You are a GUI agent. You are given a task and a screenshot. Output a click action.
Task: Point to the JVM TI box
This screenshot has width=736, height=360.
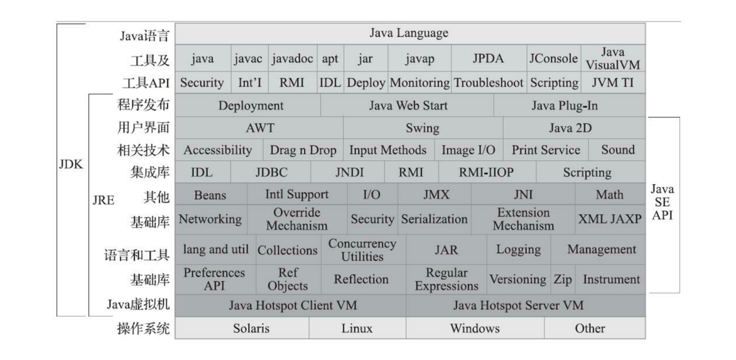(x=612, y=82)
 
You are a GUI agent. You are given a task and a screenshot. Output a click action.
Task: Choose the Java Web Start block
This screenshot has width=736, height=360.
(x=408, y=106)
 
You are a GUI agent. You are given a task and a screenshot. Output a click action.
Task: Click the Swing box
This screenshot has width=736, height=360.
(x=423, y=128)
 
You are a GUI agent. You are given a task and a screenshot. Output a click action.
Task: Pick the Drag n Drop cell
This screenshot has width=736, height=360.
(x=303, y=150)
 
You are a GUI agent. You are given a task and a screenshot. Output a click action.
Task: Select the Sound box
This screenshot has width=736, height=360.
(x=618, y=150)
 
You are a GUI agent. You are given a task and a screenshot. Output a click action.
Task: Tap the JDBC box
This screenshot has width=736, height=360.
(x=271, y=172)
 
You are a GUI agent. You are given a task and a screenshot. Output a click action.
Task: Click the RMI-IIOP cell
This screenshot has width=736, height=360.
(x=487, y=172)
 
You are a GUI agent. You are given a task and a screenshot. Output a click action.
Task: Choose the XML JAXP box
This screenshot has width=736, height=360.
(x=610, y=219)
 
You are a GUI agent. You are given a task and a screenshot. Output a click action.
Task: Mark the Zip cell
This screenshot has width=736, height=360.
(x=563, y=280)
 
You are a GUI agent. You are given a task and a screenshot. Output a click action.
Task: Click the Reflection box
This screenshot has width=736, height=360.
(x=361, y=280)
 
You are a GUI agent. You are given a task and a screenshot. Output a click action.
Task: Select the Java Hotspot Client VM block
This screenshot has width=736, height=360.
(x=291, y=305)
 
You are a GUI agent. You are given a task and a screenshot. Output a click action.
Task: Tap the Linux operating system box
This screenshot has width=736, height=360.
(x=357, y=328)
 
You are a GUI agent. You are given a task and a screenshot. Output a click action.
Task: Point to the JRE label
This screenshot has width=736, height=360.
(x=104, y=197)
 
